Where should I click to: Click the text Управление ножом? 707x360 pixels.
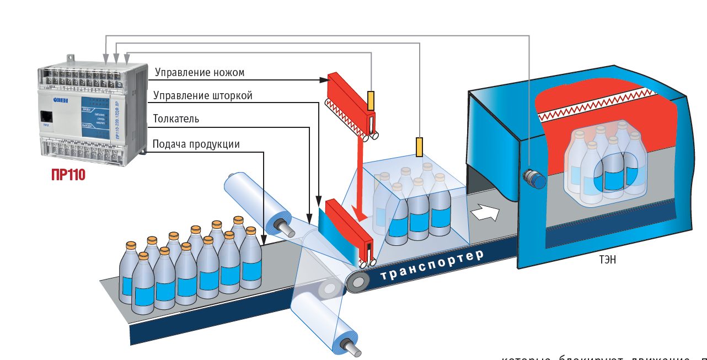tap(199, 72)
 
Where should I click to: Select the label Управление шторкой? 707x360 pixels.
tap(203, 95)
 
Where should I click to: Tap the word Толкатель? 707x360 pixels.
tap(176, 119)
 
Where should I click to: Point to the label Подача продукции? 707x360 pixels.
tap(196, 144)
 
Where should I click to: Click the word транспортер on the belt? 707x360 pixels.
tap(432, 265)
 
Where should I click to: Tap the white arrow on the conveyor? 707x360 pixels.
tap(484, 212)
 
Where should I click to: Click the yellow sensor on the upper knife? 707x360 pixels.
tap(371, 100)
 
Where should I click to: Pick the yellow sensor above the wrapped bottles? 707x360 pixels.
tap(420, 146)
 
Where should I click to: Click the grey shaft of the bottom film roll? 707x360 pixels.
tap(350, 345)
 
